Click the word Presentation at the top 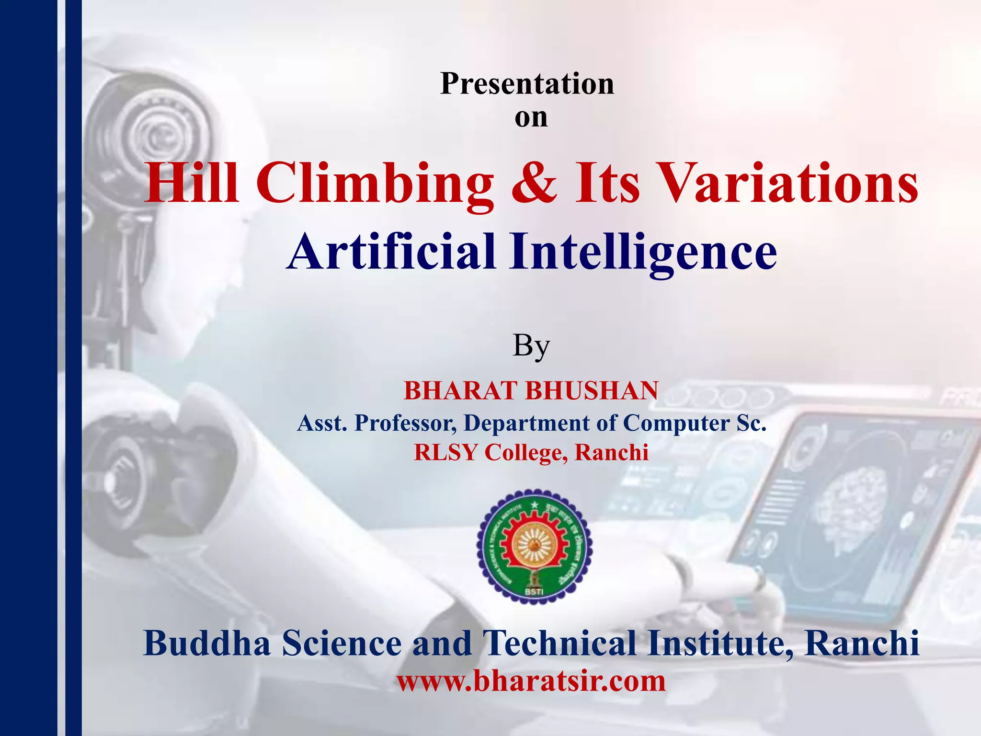point(527,84)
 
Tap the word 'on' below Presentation point(531,118)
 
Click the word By point(531,346)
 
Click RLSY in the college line point(446,452)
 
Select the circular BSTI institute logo point(534,546)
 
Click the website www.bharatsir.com point(531,681)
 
